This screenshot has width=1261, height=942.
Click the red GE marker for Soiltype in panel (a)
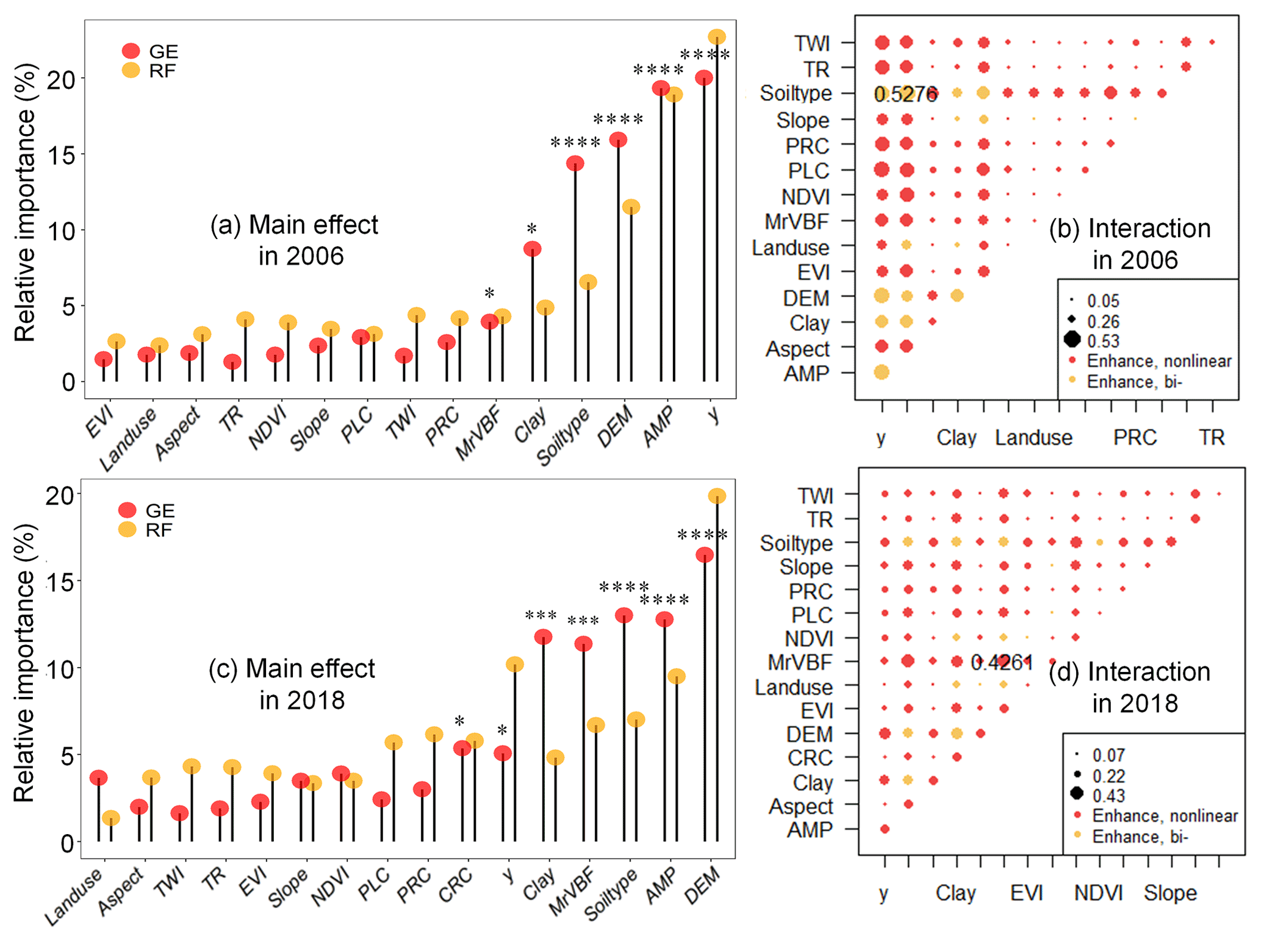click(x=575, y=163)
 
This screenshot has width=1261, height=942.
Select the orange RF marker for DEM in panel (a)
click(x=631, y=207)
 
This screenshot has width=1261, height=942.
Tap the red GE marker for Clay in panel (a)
click(x=532, y=249)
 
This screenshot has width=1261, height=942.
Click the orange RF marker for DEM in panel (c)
click(x=717, y=496)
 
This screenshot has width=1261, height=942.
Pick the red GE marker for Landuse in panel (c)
click(x=98, y=777)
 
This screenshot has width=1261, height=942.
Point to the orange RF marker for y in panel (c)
click(x=514, y=664)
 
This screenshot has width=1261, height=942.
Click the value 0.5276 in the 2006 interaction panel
click(x=905, y=94)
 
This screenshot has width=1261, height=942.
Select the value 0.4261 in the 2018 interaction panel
click(x=1002, y=662)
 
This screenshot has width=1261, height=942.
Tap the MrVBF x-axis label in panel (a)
click(x=479, y=434)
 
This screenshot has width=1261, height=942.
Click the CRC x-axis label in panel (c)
click(x=456, y=885)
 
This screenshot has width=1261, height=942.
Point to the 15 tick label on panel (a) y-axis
click(x=61, y=155)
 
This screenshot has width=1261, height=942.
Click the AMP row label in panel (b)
click(x=806, y=373)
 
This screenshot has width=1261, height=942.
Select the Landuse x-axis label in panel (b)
click(x=1033, y=437)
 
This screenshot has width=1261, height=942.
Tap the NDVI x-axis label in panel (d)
click(x=1098, y=893)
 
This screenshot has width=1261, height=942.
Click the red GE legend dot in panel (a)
click(x=131, y=51)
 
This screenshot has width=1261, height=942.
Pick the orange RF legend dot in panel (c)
click(x=127, y=529)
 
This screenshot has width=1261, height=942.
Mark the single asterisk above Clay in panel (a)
click(x=532, y=229)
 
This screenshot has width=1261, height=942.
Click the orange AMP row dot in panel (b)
click(x=882, y=372)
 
